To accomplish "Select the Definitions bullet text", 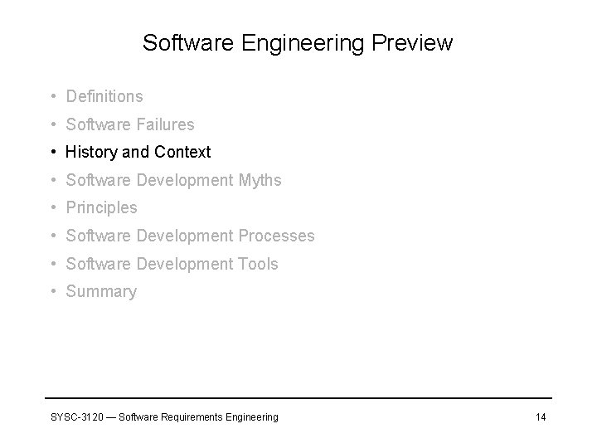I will tap(104, 97).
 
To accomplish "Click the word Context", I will tap(182, 153).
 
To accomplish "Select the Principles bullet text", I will tap(101, 208).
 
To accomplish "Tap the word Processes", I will tap(276, 236).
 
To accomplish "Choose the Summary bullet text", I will tap(101, 292).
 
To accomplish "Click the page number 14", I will tap(541, 416).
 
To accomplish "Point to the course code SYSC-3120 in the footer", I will tap(75, 416).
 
